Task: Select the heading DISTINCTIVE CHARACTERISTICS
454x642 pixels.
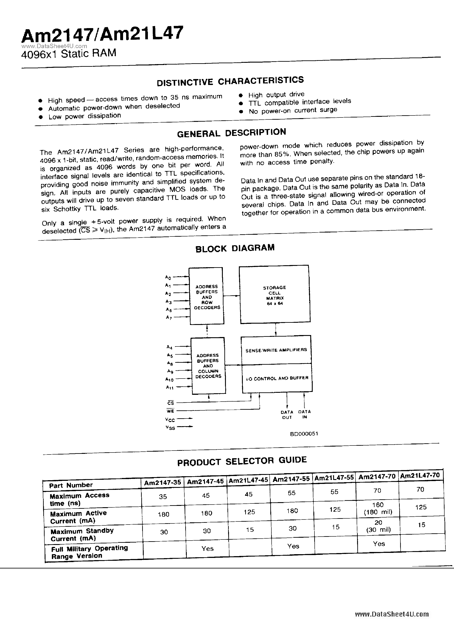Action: pos(230,81)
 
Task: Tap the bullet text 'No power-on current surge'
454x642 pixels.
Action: pos(293,110)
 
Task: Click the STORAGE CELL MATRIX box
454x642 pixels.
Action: pos(275,295)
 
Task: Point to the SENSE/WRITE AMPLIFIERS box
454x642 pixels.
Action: pos(276,350)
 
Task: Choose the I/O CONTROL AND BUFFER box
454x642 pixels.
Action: pos(277,378)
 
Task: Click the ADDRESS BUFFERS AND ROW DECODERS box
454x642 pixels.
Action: pos(207,296)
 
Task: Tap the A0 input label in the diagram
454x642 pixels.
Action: pos(168,277)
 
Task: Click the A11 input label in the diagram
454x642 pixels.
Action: pos(170,387)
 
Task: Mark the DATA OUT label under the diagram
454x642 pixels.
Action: pos(287,415)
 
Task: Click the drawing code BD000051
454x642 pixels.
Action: pos(304,434)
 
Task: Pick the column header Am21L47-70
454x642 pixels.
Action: pos(420,476)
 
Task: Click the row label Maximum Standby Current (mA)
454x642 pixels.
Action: pos(82,534)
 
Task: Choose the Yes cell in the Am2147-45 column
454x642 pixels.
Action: pos(207,548)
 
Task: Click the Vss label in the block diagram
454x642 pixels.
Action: pos(170,427)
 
